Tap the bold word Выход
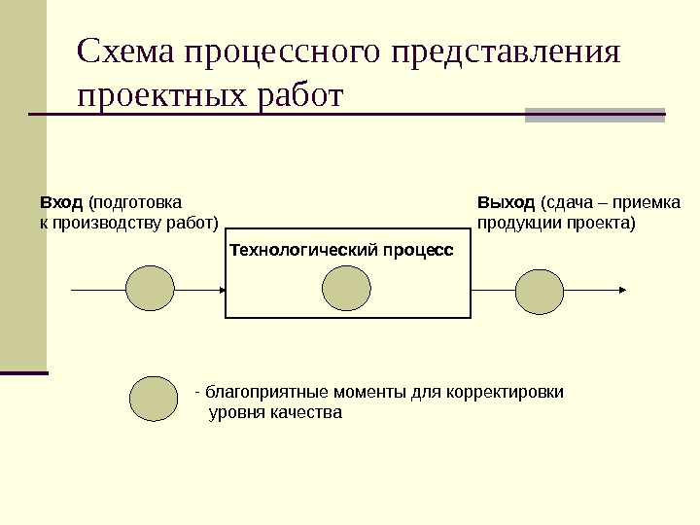[506, 203]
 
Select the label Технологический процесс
[341, 250]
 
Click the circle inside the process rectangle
[346, 290]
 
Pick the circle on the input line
[151, 290]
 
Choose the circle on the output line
[540, 290]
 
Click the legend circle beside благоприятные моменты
[154, 399]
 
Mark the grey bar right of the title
[595, 115]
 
